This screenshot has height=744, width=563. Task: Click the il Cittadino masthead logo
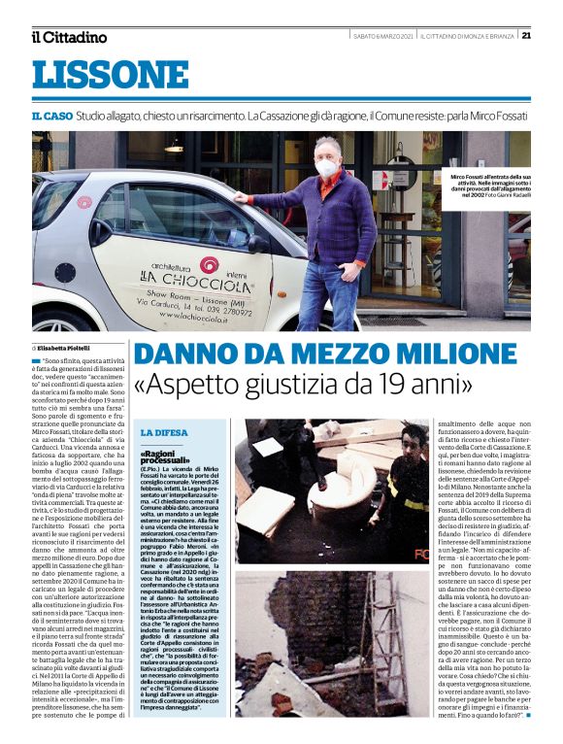point(69,37)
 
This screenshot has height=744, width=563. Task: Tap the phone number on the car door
point(226,313)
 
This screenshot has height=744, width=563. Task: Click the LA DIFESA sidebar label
point(160,431)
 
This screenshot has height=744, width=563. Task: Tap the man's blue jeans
point(327,291)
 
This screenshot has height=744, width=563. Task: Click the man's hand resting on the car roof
point(240,195)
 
